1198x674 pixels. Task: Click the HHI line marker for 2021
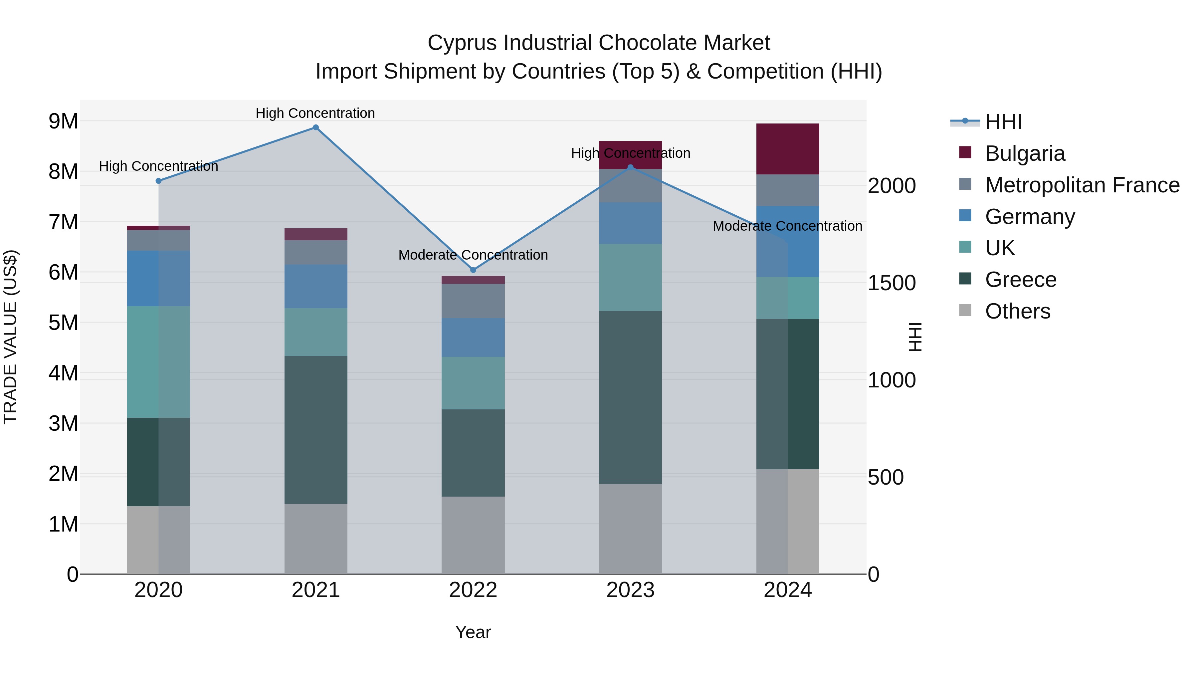316,127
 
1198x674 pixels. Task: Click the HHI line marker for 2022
473,270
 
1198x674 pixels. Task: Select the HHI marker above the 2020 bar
159,181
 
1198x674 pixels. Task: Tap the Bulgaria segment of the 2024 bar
787,149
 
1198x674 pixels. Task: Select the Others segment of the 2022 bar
473,535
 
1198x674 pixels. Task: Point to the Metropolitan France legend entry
1082,185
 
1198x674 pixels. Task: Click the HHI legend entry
1003,122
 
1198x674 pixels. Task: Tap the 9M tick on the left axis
63,121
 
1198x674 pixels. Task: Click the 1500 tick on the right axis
892,283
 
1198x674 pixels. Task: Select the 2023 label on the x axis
630,590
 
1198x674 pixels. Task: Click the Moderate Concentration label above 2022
473,255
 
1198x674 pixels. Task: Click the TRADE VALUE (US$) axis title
10,337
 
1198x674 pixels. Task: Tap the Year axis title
473,632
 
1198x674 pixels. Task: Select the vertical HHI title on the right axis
915,337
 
